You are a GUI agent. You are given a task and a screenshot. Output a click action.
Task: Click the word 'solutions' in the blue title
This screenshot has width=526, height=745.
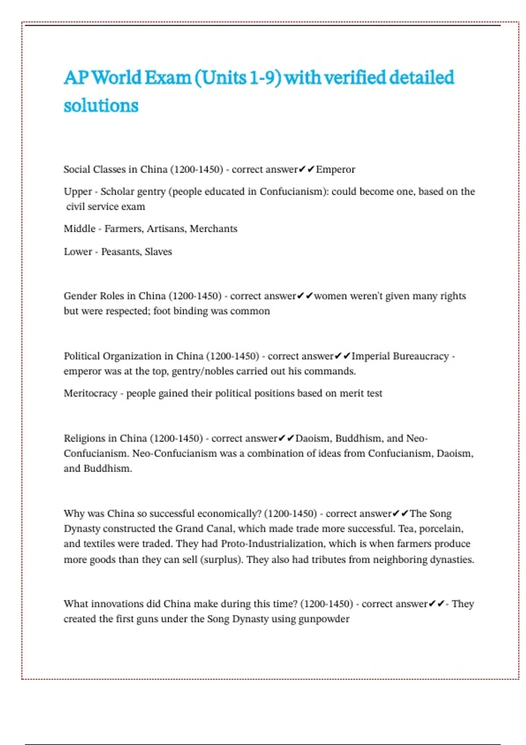[x=101, y=106]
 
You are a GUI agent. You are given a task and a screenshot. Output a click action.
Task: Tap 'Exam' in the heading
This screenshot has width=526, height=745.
[x=167, y=78]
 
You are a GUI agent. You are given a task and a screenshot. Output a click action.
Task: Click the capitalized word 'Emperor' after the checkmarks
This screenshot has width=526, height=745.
[x=335, y=170]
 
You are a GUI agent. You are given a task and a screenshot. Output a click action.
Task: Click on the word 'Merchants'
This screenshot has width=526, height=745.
[x=213, y=229]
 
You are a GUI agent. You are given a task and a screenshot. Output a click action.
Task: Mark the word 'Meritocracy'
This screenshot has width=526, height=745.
[x=90, y=394]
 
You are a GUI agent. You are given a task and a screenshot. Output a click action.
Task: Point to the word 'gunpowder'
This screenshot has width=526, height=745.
[x=324, y=619]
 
